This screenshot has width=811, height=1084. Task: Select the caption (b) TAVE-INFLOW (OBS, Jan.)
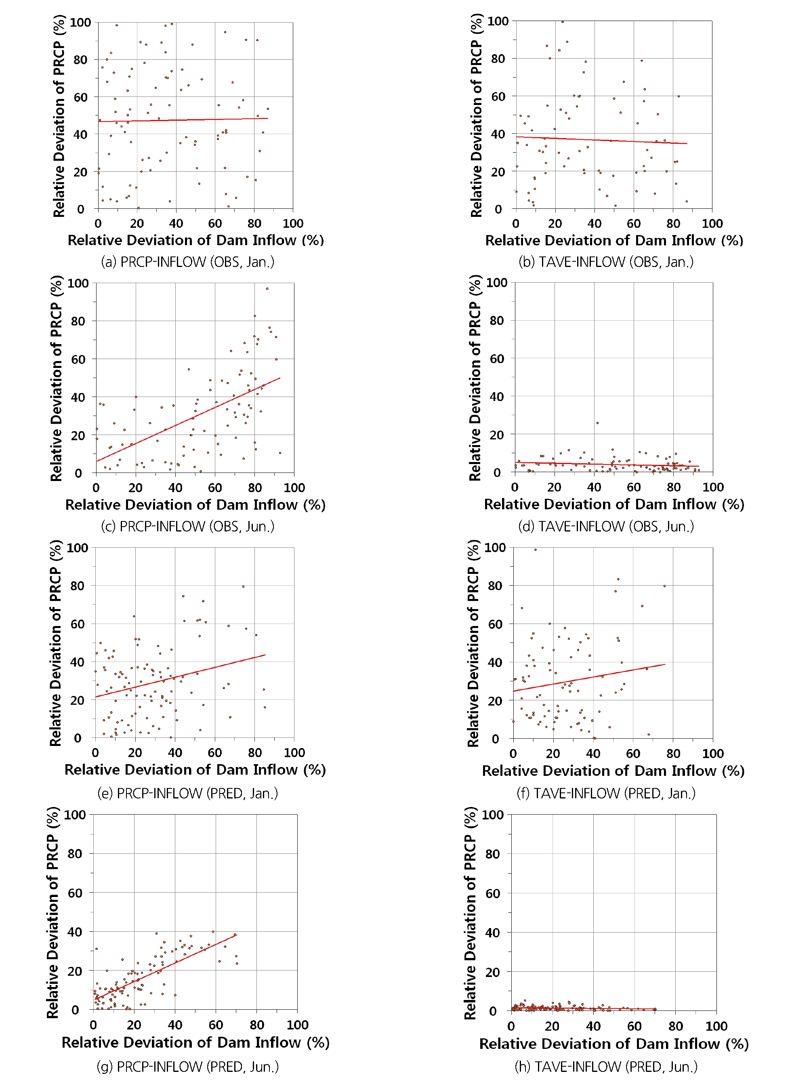click(606, 262)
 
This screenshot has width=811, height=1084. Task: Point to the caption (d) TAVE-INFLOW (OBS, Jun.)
click(606, 526)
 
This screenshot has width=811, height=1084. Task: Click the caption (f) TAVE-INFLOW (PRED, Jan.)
click(606, 793)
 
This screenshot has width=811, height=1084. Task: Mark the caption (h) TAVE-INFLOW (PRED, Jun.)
click(606, 1066)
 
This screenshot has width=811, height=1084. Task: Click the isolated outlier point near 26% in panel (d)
click(597, 422)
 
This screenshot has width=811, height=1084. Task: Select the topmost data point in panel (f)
click(535, 549)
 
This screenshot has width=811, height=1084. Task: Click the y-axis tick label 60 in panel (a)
click(80, 97)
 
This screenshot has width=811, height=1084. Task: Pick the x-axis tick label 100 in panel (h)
click(716, 1026)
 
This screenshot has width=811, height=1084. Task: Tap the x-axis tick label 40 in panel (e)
click(175, 753)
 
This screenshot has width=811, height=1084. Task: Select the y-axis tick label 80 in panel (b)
click(498, 59)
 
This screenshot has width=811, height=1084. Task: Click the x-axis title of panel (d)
click(614, 504)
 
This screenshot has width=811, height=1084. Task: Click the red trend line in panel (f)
click(588, 678)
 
